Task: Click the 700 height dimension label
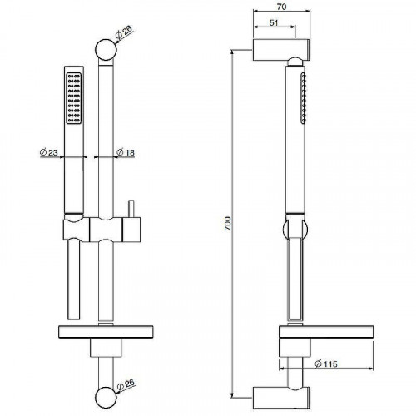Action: point(228,223)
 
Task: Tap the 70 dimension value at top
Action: point(281,7)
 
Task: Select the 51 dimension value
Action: point(274,22)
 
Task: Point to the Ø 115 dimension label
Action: point(326,364)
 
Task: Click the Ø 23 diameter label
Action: point(49,152)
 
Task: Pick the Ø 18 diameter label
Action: point(126,152)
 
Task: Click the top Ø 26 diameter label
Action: point(124,32)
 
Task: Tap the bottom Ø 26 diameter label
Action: point(126,384)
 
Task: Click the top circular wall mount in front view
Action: point(106,50)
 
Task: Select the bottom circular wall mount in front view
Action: point(106,397)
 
